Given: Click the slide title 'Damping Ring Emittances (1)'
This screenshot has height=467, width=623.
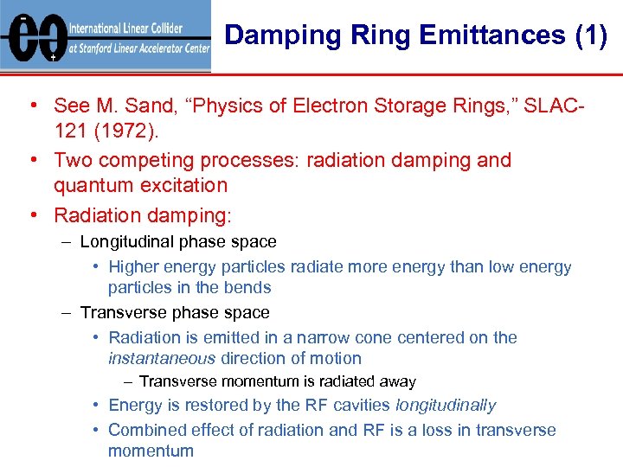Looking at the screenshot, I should pyautogui.click(x=415, y=35).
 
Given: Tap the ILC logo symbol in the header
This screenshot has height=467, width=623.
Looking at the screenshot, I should pyautogui.click(x=34, y=37).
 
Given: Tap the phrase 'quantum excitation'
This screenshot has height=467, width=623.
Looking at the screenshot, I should pyautogui.click(x=140, y=184).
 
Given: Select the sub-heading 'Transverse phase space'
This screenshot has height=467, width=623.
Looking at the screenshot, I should pyautogui.click(x=175, y=312).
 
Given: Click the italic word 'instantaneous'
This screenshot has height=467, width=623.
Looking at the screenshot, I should pyautogui.click(x=162, y=358).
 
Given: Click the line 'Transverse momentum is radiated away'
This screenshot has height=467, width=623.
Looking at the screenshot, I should pyautogui.click(x=277, y=381).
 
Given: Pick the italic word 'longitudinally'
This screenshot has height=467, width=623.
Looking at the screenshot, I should pyautogui.click(x=446, y=405).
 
